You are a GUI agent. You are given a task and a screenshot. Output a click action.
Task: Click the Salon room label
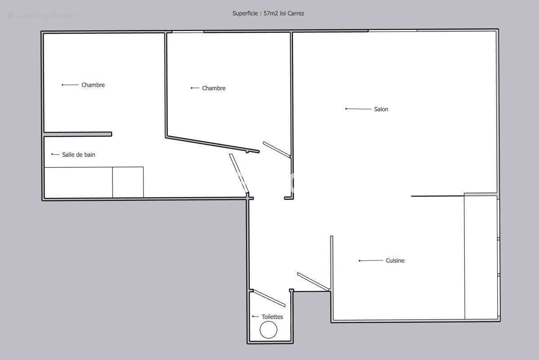[381, 109]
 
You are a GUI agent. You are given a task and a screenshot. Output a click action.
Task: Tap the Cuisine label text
[395, 261]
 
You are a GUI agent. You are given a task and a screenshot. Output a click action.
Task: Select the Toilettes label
[272, 317]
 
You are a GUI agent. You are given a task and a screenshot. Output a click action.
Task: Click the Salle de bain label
[78, 155]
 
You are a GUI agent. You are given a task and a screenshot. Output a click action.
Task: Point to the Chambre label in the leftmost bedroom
[93, 85]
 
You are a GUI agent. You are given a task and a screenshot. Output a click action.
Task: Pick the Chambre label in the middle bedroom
[213, 88]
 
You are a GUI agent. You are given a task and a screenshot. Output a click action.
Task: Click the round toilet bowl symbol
[268, 330]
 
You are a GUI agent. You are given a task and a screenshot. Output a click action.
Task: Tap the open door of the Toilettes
[269, 298]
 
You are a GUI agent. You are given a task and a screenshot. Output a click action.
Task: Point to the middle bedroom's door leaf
[277, 149]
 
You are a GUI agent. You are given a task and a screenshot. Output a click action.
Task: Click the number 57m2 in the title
[270, 13]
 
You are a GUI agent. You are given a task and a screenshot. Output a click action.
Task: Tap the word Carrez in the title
[296, 13]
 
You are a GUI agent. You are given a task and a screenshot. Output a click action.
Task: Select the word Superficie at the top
[245, 13]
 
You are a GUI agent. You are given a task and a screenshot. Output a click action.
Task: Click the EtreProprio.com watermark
[43, 15]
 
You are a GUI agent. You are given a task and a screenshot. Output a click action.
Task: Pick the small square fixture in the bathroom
[128, 182]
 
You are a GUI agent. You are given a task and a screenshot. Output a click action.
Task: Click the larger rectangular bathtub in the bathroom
[78, 183]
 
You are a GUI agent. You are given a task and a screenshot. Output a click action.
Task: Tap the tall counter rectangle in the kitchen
[481, 257]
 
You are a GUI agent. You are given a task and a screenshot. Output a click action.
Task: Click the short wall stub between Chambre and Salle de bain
[78, 134]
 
